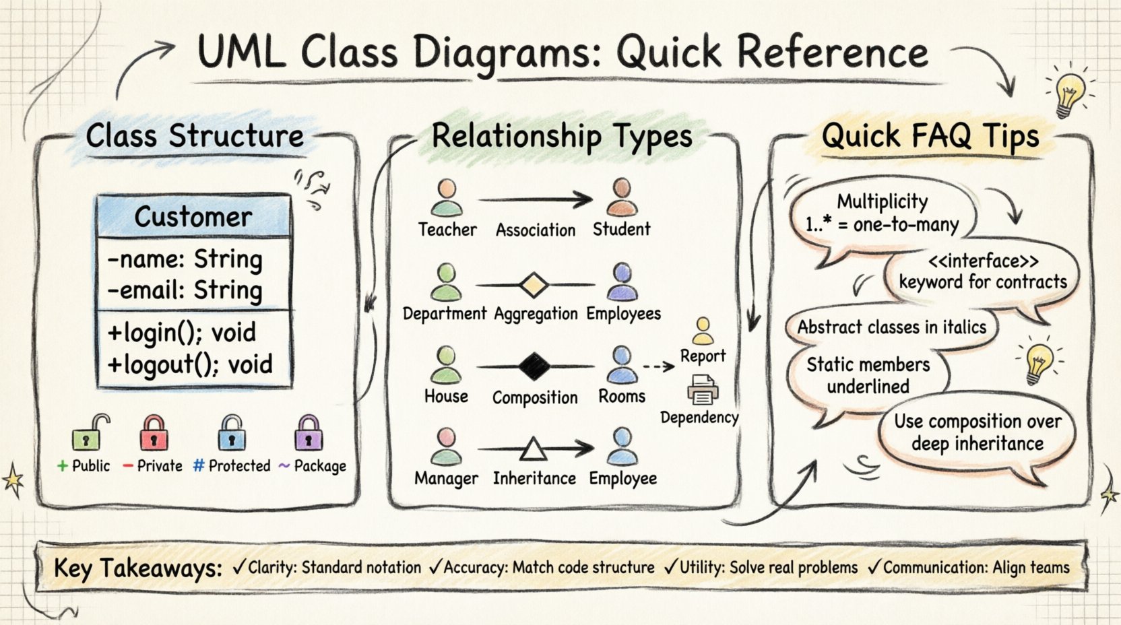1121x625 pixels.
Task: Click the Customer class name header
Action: [193, 217]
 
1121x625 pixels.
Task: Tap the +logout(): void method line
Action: [190, 364]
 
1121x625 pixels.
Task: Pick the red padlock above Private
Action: [154, 434]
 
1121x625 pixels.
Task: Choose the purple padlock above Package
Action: [309, 434]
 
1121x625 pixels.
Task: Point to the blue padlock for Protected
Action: [232, 434]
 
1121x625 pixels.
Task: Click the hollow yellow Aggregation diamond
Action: [533, 285]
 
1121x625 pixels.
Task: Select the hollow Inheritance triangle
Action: [533, 449]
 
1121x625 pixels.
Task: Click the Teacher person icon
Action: [447, 197]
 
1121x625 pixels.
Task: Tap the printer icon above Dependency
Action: [702, 390]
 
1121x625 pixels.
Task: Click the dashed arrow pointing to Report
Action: [658, 366]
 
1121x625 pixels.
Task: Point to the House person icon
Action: [445, 365]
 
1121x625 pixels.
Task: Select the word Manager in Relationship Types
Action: [446, 478]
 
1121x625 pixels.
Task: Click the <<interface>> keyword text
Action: [983, 261]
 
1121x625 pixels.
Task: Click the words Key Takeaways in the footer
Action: [138, 568]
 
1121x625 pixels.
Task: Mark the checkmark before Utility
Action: [670, 567]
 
